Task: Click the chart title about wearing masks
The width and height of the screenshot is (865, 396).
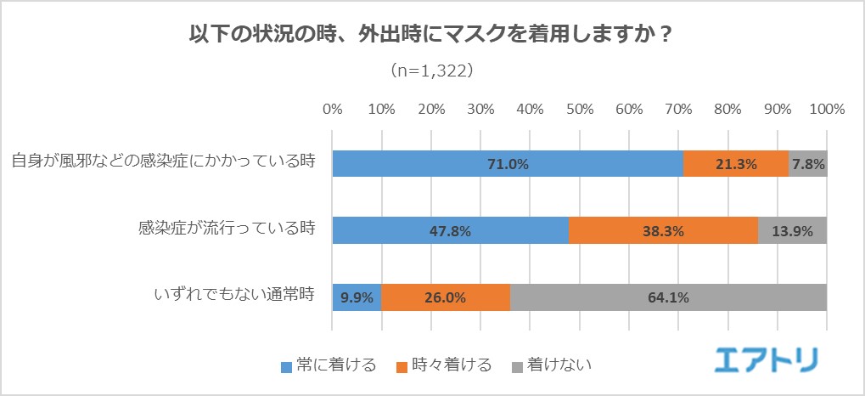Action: (431, 37)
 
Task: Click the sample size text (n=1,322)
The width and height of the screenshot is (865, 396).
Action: (431, 71)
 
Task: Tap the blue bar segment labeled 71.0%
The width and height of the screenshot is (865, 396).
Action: (508, 164)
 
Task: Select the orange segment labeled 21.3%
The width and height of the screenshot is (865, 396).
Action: (735, 164)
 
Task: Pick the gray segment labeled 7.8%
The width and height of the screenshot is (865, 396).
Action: (807, 164)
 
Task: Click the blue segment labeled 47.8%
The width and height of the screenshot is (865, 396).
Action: (450, 230)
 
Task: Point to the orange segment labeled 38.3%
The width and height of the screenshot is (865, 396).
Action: (662, 230)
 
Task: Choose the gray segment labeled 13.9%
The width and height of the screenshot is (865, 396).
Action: (792, 230)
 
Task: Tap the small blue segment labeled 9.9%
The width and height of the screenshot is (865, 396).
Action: (357, 297)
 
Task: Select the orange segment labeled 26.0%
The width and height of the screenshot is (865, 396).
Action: (446, 297)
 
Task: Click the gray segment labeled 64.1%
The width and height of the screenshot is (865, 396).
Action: (668, 297)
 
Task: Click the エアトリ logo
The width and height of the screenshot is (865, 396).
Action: (766, 359)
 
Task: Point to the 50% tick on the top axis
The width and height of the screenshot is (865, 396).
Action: (580, 109)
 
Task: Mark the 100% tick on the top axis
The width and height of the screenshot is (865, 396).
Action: (827, 109)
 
